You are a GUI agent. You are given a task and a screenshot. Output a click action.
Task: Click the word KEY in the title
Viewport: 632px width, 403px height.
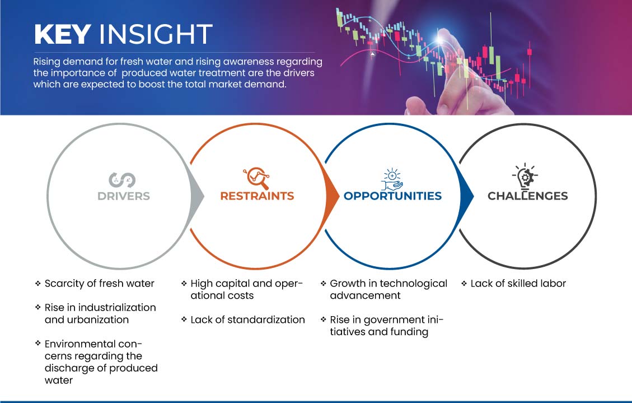click(x=63, y=34)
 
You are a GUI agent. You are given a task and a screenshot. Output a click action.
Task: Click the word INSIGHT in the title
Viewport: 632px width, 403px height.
click(x=156, y=34)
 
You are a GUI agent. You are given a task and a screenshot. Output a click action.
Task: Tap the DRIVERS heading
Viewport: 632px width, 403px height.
click(x=124, y=196)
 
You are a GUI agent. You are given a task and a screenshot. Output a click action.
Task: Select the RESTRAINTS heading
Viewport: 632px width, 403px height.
click(x=257, y=196)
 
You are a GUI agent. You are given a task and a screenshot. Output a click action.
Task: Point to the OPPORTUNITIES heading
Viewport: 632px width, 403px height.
click(x=392, y=196)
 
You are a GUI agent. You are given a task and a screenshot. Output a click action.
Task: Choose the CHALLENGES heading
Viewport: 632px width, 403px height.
click(x=528, y=196)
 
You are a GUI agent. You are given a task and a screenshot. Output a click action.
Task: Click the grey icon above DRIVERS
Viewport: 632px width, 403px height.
click(x=122, y=180)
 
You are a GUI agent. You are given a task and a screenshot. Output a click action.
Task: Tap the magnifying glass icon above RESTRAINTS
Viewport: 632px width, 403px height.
click(x=256, y=178)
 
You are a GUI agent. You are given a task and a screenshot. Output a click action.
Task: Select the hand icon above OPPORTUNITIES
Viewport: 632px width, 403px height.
click(x=392, y=179)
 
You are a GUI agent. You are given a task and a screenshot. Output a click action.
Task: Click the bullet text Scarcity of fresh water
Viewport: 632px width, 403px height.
click(x=100, y=284)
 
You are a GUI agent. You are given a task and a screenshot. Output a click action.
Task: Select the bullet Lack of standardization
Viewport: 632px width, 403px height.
click(x=248, y=320)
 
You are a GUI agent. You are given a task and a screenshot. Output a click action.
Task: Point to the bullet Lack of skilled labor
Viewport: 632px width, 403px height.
click(x=518, y=284)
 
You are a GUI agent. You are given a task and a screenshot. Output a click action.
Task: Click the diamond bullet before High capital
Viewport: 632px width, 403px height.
click(x=184, y=283)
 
